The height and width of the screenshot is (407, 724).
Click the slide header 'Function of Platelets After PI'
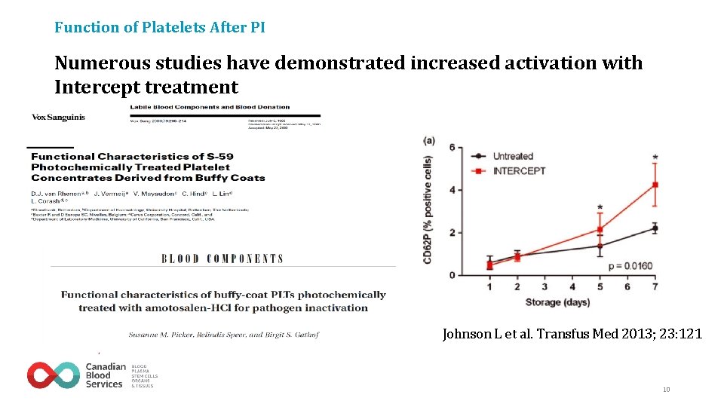point(159,28)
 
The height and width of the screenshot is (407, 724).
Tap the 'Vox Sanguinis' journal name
point(58,117)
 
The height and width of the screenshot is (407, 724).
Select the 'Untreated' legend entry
point(513,156)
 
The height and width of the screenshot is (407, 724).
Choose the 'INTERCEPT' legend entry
point(519,170)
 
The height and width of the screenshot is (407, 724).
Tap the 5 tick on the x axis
point(600,287)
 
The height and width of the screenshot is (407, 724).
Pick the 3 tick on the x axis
point(545,287)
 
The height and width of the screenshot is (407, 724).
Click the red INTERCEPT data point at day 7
point(655,185)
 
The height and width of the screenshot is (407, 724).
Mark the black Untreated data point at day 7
point(655,228)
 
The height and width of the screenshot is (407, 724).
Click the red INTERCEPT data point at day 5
point(600,229)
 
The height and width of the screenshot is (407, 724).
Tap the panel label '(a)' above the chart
point(429,140)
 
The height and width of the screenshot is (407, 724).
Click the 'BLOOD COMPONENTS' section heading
point(222,259)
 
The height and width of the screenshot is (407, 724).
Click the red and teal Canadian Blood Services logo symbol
point(53,375)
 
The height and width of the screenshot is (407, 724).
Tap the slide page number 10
point(666,390)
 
